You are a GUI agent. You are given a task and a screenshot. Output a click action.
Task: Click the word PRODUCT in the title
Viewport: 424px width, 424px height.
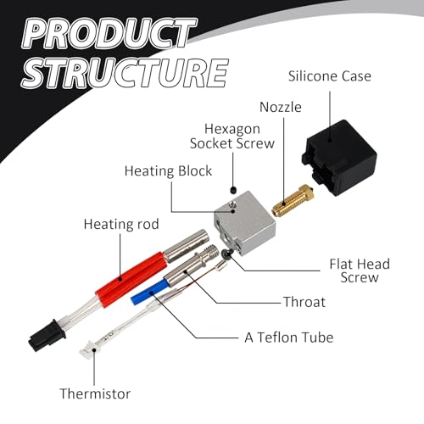pyautogui.click(x=109, y=34)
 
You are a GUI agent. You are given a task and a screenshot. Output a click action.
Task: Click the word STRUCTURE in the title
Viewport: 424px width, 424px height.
pyautogui.click(x=125, y=73)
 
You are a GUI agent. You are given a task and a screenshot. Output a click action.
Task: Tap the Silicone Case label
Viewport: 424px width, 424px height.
pyautogui.click(x=330, y=76)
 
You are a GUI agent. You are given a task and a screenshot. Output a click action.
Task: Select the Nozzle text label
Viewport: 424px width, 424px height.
pyautogui.click(x=281, y=107)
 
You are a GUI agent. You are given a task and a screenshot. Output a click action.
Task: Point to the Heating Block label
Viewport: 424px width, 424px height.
pyautogui.click(x=168, y=171)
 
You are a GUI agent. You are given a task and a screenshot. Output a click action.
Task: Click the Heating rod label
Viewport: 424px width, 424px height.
pyautogui.click(x=121, y=224)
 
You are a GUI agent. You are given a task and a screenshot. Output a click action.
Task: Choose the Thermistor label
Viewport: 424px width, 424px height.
pyautogui.click(x=95, y=393)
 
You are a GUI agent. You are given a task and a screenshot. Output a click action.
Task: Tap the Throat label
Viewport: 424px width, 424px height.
pyautogui.click(x=304, y=302)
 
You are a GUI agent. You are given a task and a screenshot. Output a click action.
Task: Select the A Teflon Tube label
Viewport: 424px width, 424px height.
pyautogui.click(x=289, y=338)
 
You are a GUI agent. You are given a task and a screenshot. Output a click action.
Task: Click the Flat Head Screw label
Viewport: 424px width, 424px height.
pyautogui.click(x=360, y=271)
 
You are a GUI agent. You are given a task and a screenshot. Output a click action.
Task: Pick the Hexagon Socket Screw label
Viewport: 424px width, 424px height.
pyautogui.click(x=232, y=137)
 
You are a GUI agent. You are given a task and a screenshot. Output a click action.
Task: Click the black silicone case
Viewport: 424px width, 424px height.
pyautogui.click(x=339, y=158)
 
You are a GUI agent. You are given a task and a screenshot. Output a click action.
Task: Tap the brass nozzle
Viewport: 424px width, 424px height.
pyautogui.click(x=293, y=201)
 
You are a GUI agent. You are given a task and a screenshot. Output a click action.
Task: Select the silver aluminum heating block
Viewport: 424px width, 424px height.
pyautogui.click(x=244, y=222)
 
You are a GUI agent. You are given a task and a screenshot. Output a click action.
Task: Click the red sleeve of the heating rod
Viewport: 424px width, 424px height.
pyautogui.click(x=130, y=280)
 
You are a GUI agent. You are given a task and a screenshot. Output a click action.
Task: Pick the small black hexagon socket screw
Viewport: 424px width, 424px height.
pyautogui.click(x=233, y=190)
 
